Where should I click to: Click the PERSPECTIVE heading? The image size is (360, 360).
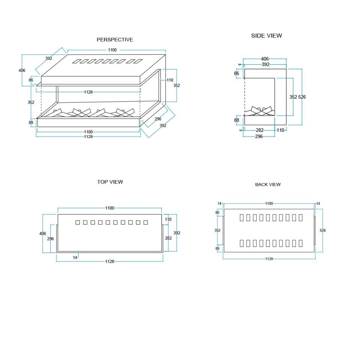115,40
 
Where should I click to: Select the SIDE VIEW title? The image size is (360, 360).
266,36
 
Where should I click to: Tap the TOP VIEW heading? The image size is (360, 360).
110,182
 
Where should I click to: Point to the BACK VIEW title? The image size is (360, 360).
268,184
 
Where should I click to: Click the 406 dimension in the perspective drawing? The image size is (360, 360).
22,70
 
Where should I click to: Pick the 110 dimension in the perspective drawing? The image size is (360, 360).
170,80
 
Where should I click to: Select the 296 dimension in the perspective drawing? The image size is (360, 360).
158,119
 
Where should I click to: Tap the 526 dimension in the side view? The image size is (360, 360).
302,97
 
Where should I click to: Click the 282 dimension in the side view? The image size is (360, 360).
259,130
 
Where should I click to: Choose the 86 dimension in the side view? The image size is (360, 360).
237,73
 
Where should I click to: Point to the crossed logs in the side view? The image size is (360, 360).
259,111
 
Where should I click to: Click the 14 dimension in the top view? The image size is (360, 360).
75,258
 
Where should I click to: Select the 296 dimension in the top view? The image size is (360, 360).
51,239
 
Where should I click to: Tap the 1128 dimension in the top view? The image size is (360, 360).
110,261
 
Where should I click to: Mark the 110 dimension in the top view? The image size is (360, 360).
168,219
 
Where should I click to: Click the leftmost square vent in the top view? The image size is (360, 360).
78,222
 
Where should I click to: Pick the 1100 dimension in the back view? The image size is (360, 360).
269,203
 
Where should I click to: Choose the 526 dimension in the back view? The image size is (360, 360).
322,230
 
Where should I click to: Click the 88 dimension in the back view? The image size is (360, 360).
217,248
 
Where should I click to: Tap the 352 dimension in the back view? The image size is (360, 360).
217,230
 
